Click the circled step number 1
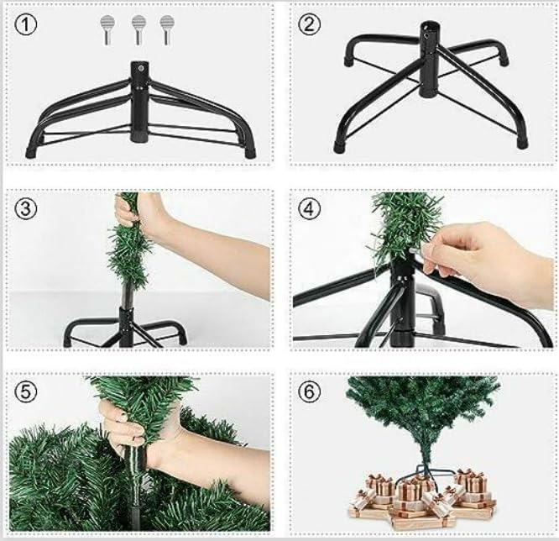(x=27, y=26)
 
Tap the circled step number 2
(x=311, y=25)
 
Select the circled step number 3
(x=27, y=209)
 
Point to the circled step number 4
(x=311, y=209)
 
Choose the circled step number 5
(x=27, y=392)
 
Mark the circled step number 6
(x=311, y=392)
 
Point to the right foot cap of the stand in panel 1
(x=248, y=153)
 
